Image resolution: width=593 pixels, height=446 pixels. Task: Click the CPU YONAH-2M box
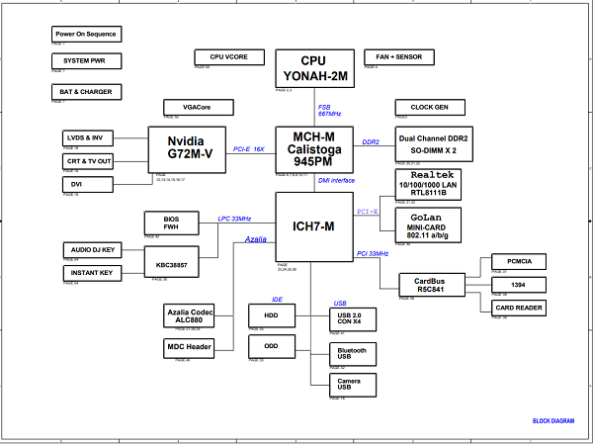click(x=312, y=68)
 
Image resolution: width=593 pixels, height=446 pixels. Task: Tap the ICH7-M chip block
click(x=313, y=226)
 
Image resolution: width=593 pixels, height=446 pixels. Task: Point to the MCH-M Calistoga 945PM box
click(x=312, y=148)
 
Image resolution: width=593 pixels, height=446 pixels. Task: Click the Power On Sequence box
click(x=85, y=35)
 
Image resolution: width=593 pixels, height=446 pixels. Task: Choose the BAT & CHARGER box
click(x=85, y=92)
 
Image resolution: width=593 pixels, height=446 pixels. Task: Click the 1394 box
click(x=518, y=285)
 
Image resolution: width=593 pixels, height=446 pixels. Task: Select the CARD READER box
click(x=518, y=307)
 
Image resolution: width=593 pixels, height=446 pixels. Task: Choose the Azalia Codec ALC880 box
click(x=188, y=315)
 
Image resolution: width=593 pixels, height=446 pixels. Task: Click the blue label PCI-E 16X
click(x=249, y=149)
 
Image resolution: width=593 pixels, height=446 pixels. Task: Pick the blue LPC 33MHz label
click(x=234, y=219)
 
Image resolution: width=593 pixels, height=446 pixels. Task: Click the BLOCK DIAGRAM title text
click(x=552, y=421)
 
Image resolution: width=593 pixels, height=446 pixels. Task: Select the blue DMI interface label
click(x=336, y=180)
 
